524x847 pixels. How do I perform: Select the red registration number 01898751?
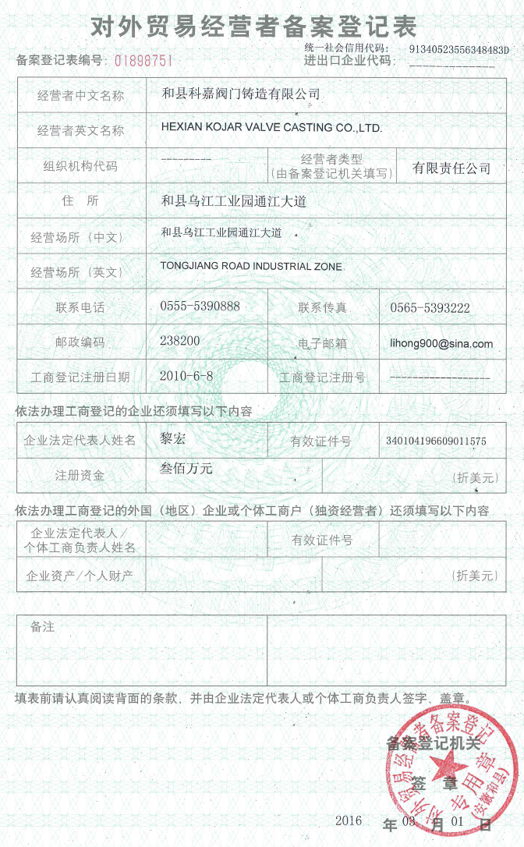pos(143,60)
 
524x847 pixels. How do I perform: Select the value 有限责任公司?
pos(451,168)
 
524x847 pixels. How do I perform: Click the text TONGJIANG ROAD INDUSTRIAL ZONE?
pos(251,266)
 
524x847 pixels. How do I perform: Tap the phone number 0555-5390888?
pos(200,307)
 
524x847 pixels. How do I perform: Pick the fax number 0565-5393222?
pos(430,308)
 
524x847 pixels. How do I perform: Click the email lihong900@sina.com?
pos(441,343)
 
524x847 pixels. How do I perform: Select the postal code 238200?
pos(179,341)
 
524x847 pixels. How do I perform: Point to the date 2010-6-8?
pos(186,375)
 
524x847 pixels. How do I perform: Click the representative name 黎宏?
pos(172,438)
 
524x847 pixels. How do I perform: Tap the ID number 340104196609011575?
pos(436,441)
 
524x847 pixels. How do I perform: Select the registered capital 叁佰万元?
pos(186,469)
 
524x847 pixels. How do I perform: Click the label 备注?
pos(42,626)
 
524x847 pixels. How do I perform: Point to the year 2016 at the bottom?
pos(349,820)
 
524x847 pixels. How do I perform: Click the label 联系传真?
pos(323,307)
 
